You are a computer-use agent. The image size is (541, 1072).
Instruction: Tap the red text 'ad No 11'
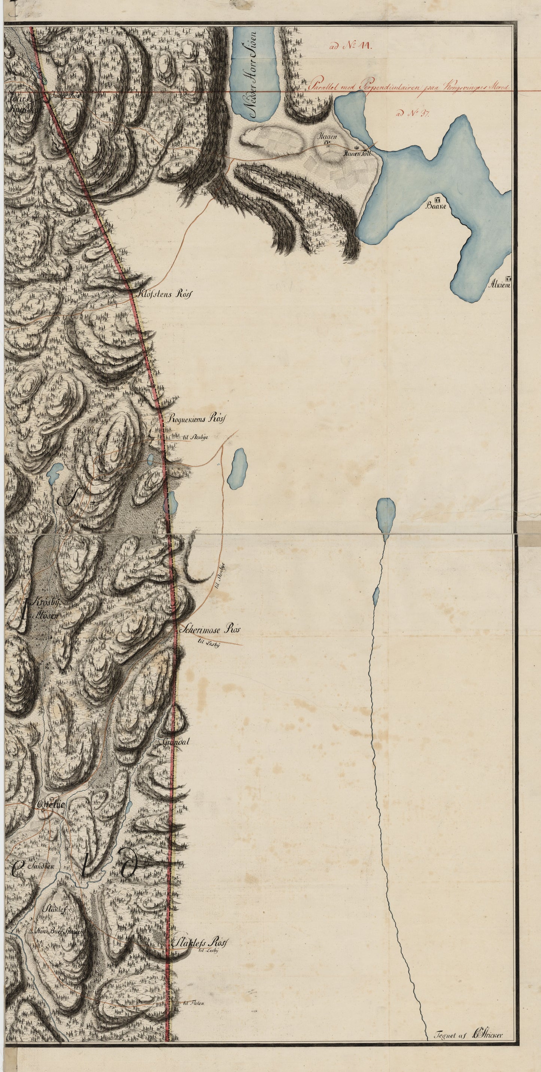click(352, 46)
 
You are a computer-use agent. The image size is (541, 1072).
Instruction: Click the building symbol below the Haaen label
click(327, 144)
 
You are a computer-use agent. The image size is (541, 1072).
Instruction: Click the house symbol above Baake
click(437, 199)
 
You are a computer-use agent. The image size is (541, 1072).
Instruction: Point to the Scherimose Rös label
click(210, 629)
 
